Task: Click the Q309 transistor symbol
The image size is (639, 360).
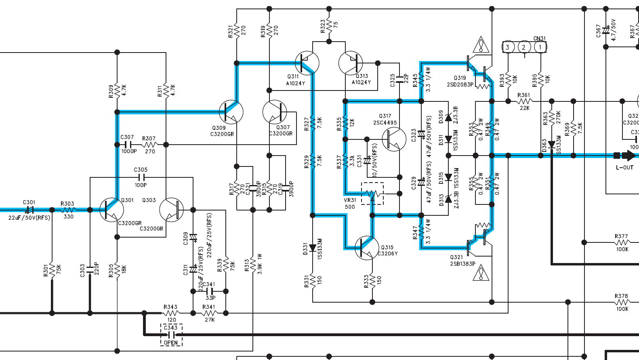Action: (x=231, y=112)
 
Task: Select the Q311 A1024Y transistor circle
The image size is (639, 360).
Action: (x=307, y=63)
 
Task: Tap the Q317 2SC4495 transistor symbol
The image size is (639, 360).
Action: (x=394, y=139)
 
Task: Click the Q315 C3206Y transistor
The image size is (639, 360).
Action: (x=367, y=248)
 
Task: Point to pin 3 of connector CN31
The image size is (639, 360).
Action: (x=508, y=47)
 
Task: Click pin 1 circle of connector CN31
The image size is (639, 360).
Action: (x=540, y=47)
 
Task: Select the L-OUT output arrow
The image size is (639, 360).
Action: (x=628, y=155)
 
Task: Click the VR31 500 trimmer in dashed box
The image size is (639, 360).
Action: (x=372, y=194)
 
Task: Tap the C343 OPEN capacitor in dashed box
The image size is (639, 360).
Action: (x=172, y=335)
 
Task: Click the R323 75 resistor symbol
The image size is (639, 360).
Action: (x=329, y=25)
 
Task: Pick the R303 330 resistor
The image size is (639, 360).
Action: (x=68, y=210)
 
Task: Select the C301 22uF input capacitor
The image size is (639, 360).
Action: (x=29, y=210)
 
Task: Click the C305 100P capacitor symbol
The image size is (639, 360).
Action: (x=141, y=177)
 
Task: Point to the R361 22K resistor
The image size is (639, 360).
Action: (x=524, y=101)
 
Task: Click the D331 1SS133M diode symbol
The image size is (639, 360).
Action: (x=313, y=248)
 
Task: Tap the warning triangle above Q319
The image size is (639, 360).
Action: (x=481, y=45)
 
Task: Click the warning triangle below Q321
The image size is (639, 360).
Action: (x=481, y=273)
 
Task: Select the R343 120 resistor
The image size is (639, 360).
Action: (x=171, y=313)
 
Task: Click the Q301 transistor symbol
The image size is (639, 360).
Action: (x=111, y=210)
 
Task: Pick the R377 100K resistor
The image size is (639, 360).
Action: (x=622, y=242)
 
